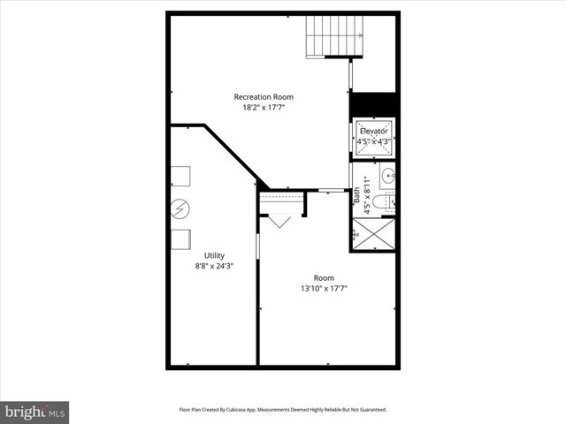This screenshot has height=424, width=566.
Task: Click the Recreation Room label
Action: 264,96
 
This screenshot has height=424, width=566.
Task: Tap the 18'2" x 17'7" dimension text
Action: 264,108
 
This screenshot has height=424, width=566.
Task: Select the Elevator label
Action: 373,131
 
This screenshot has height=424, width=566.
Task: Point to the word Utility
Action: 214,255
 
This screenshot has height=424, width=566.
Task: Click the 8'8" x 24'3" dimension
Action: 214,266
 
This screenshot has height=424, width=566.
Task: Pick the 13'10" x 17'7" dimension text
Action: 323,288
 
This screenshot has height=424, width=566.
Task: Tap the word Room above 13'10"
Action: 324,276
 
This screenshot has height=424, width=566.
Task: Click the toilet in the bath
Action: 379,203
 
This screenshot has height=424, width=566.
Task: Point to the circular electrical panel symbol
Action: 180,209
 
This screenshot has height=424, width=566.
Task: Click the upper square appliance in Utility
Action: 180,176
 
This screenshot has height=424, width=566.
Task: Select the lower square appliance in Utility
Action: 180,239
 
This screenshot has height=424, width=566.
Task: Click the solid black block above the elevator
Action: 373,102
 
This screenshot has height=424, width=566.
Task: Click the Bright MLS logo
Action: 35,411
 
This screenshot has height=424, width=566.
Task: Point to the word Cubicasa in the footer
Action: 243,410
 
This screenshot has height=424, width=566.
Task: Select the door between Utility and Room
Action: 256,246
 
